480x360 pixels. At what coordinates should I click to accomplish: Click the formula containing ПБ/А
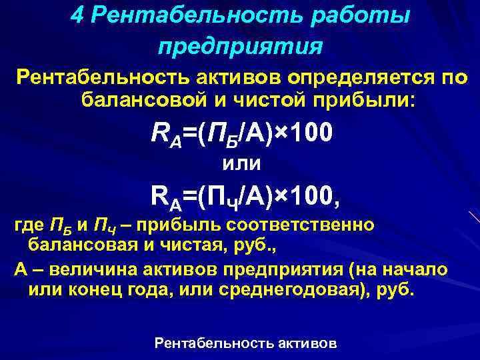(x=240, y=134)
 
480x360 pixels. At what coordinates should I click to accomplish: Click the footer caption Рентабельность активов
(x=245, y=343)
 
